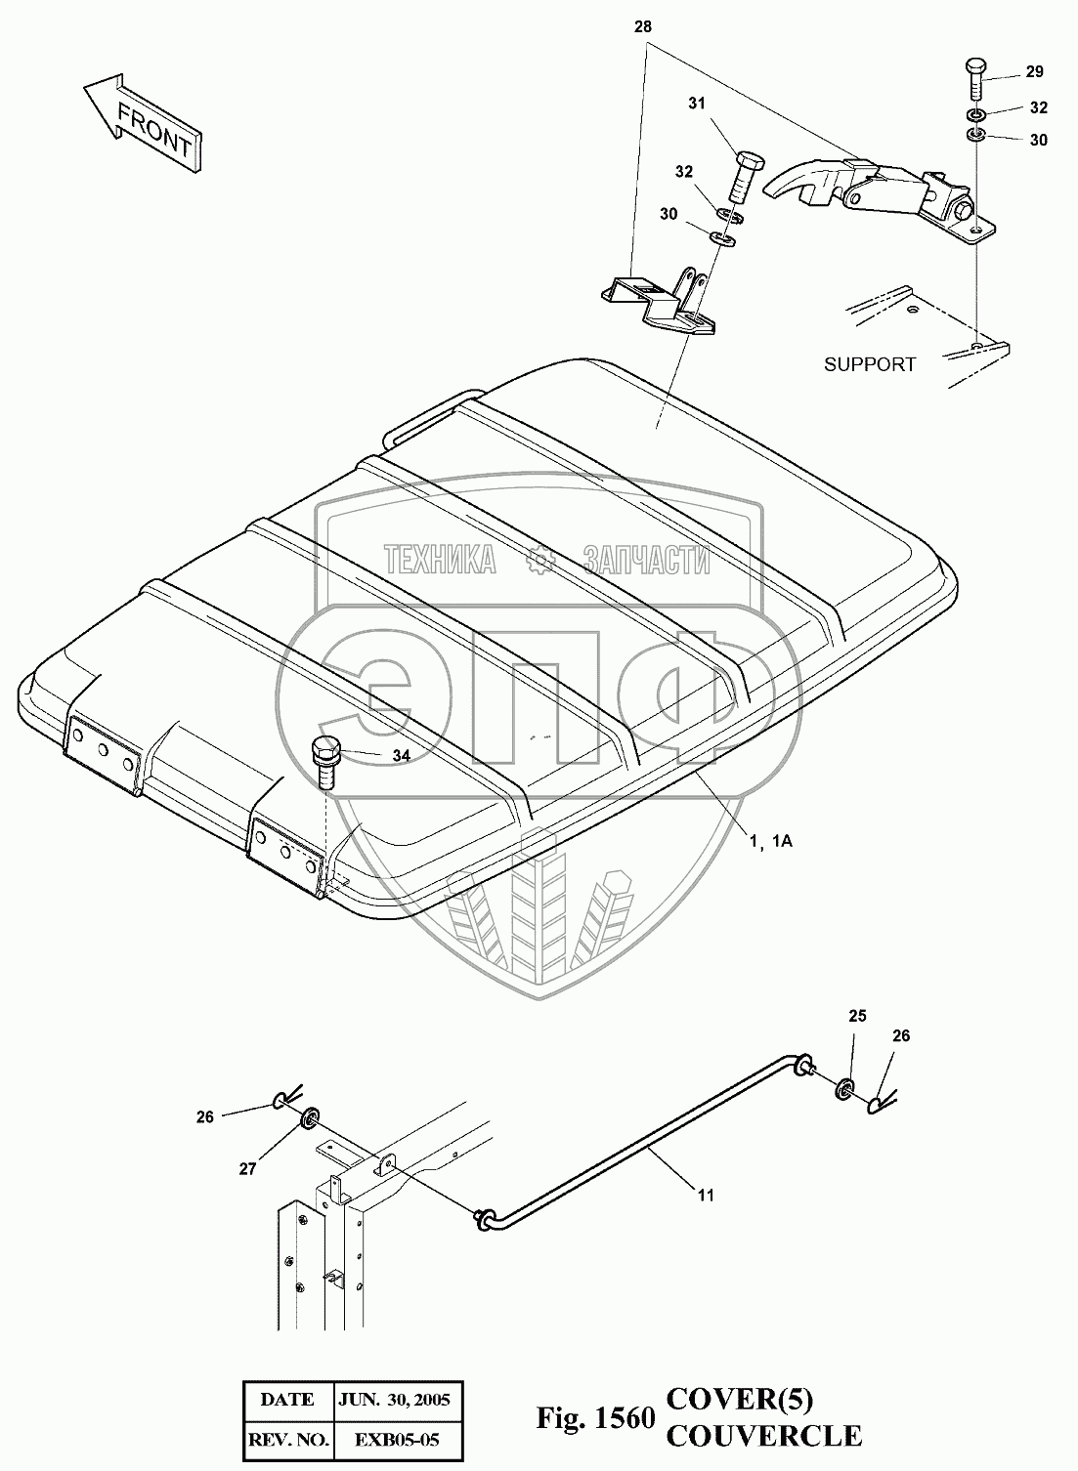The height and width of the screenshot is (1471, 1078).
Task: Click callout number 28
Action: [642, 27]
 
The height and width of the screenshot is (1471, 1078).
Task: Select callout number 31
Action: [696, 103]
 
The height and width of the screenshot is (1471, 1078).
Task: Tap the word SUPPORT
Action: [870, 364]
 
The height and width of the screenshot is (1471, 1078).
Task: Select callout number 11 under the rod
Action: [705, 1194]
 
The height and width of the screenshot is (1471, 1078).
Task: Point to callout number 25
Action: [856, 1016]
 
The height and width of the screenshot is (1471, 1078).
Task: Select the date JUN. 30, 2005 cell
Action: [395, 1399]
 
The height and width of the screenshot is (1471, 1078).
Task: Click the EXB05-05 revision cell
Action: [395, 1438]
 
